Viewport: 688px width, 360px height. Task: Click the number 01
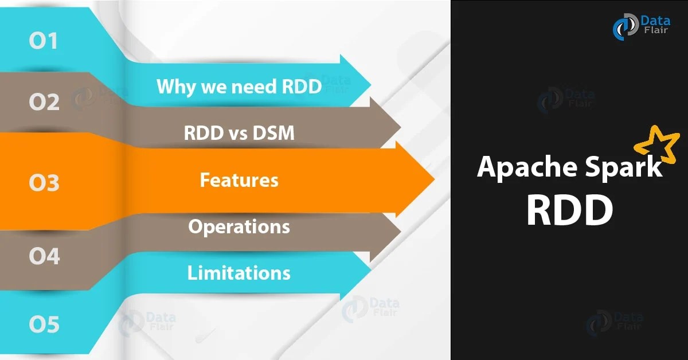pos(44,41)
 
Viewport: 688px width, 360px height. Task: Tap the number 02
pos(44,103)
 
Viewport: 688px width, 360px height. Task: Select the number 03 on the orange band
pos(44,184)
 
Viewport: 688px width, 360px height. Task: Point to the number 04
pos(44,256)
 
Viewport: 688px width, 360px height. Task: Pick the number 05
pos(44,325)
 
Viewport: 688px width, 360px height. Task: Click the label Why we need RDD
pos(239,87)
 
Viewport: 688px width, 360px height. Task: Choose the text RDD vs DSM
pos(239,133)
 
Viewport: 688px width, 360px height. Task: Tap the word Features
pos(239,180)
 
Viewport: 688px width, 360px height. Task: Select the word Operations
pos(239,226)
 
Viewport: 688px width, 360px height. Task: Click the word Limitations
pos(239,272)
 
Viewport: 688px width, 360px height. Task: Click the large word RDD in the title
pos(569,210)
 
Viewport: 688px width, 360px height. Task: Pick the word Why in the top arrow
pos(170,87)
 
